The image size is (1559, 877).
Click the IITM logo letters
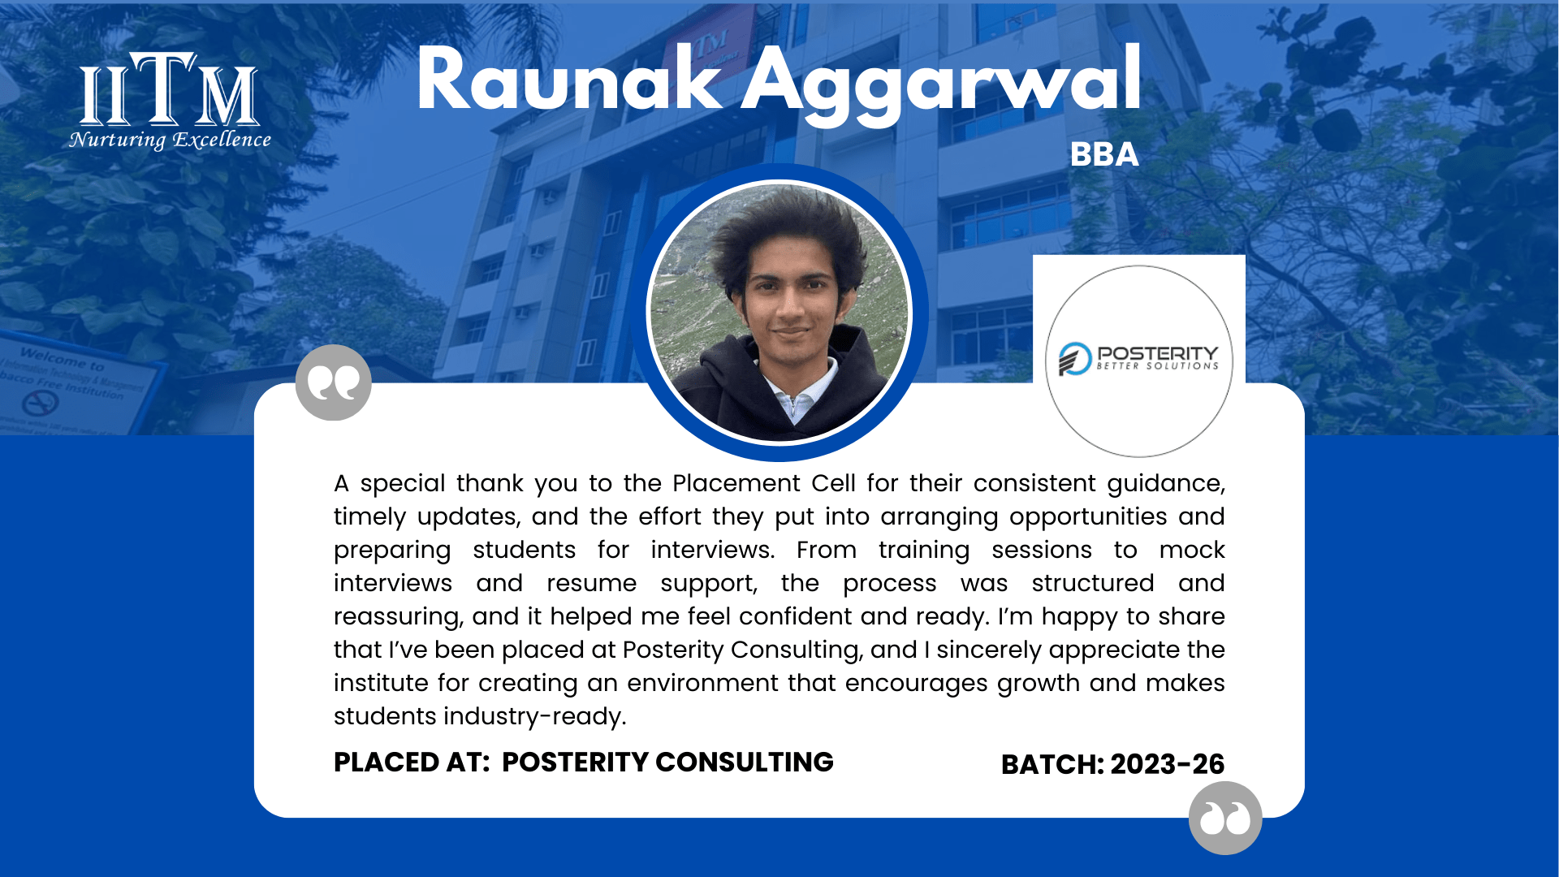click(169, 89)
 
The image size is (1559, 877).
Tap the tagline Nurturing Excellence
click(170, 140)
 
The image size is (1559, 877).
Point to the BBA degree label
click(1104, 154)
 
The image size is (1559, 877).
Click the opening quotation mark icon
click(333, 382)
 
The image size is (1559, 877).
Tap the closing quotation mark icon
click(1225, 818)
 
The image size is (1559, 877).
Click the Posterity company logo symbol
click(1075, 359)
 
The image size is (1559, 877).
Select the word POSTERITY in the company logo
click(1158, 353)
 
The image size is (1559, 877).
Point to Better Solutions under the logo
click(1158, 366)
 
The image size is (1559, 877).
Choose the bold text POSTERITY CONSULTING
click(667, 762)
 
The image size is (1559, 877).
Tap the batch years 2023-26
click(1168, 764)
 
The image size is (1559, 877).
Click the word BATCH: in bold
click(1052, 764)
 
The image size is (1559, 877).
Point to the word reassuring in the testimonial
click(399, 617)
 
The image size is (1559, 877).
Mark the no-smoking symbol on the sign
click(40, 402)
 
